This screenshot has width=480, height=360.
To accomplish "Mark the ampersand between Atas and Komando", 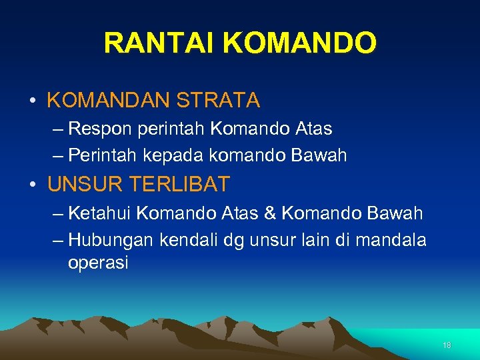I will (270, 213).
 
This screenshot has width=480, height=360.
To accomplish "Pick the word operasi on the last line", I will (98, 263).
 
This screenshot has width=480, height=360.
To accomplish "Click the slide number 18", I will (447, 345).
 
